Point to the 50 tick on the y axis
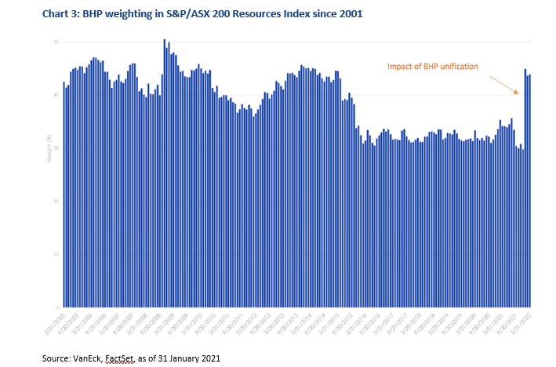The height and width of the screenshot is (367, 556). click(x=56, y=42)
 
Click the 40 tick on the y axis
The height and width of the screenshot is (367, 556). click(x=56, y=95)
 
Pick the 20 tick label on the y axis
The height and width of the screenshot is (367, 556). click(x=56, y=201)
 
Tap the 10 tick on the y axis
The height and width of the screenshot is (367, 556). click(x=56, y=254)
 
